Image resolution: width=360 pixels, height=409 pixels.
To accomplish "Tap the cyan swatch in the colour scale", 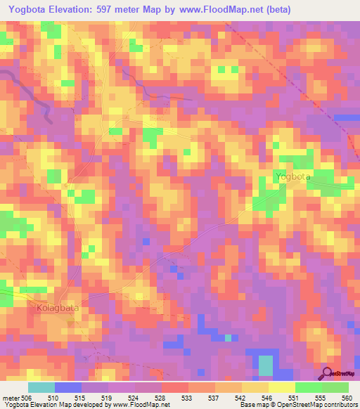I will [41, 387].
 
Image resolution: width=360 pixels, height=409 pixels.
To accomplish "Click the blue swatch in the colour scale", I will [68, 387].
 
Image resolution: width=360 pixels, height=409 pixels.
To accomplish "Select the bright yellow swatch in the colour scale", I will [282, 387].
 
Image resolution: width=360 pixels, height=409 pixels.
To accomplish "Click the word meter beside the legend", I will [11, 397].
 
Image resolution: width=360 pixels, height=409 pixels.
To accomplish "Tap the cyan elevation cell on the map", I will [265, 365].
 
